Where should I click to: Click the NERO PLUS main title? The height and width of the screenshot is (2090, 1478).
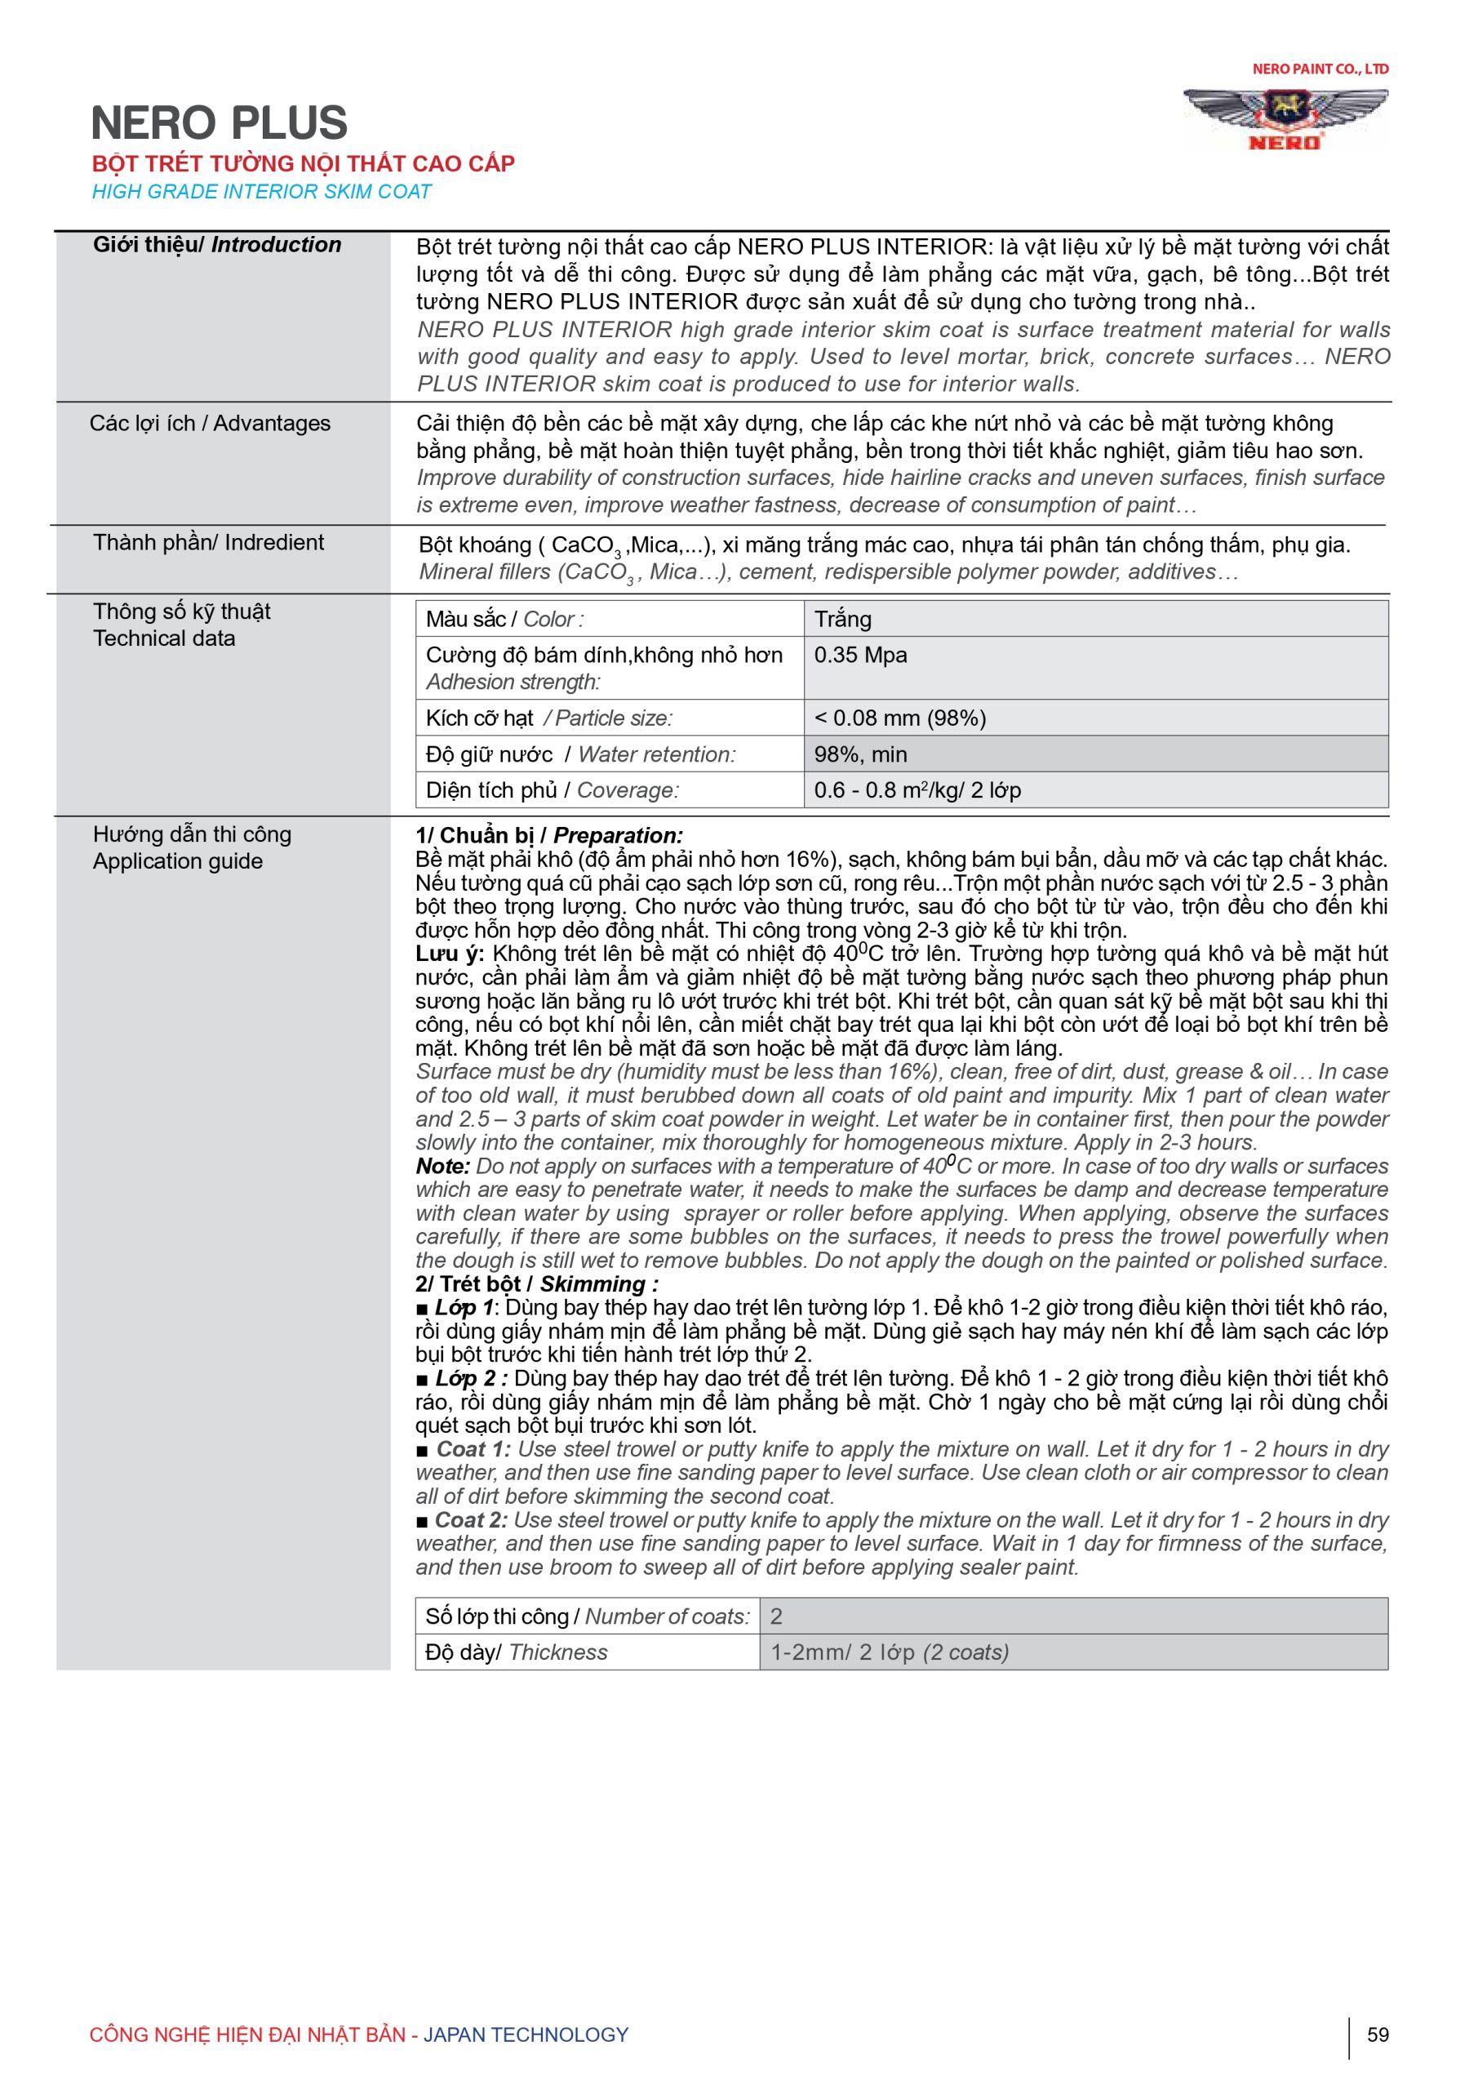coord(220,123)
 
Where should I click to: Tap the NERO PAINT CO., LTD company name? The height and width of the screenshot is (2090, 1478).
coord(1320,69)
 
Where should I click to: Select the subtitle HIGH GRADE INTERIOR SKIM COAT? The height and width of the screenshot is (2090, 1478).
coord(262,192)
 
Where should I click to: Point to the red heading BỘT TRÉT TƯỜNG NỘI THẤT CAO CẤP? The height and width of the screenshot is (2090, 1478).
coord(303,164)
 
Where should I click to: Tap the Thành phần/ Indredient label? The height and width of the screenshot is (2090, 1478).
coord(208,543)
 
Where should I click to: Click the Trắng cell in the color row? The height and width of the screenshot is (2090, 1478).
coord(1095,619)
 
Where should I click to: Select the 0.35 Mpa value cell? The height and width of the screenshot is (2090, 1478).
coord(1095,667)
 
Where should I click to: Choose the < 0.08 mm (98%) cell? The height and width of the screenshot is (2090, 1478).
coord(1095,718)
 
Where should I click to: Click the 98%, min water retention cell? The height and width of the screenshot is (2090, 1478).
coord(1095,754)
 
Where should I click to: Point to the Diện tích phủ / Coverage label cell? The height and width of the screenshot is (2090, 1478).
coord(609,790)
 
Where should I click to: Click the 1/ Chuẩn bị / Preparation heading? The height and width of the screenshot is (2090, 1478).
coord(548,836)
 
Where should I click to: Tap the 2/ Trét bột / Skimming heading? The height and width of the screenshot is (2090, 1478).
coord(537,1284)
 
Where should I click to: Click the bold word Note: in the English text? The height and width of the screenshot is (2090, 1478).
coord(443,1167)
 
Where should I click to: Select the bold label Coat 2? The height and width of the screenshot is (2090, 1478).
coord(472,1520)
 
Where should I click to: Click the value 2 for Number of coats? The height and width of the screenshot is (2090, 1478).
coord(1073,1616)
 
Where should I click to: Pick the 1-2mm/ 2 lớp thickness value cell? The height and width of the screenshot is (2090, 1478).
coord(1073,1652)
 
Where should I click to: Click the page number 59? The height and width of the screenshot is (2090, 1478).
coord(1378,2034)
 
